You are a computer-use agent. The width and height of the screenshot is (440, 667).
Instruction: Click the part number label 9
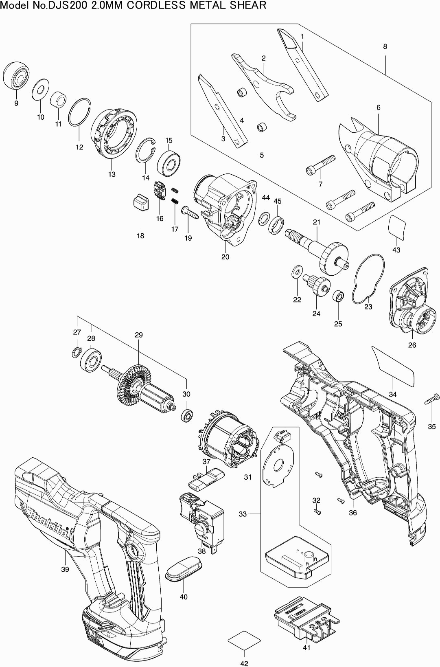[x=16, y=103]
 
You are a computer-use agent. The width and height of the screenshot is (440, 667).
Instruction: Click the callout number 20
[x=225, y=257]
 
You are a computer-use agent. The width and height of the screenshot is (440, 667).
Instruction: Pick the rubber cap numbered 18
[x=140, y=202]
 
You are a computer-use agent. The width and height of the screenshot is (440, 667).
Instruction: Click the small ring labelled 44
[x=265, y=219]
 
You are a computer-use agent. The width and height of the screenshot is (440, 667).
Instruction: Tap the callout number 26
[x=412, y=345]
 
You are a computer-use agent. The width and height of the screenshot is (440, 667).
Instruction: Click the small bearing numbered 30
[x=187, y=416]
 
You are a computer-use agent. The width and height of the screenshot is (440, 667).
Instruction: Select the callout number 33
[x=243, y=514]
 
